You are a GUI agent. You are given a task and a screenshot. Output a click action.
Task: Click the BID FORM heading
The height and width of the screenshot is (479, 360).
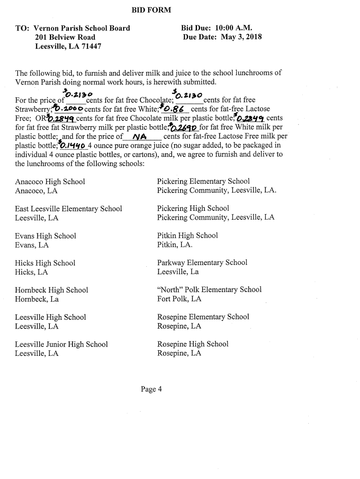coord(151,10)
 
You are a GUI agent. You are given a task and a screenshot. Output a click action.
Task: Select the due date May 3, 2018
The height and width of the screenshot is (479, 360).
coord(241,37)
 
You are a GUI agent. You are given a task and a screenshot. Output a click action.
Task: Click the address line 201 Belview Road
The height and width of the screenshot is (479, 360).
coord(65,37)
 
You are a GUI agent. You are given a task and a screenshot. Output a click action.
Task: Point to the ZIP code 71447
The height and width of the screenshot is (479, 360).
coord(90,47)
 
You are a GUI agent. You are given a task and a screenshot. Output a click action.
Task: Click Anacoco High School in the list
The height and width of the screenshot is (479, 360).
coord(50,182)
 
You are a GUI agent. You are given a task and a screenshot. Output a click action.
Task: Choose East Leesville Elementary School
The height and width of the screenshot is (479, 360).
coord(68,209)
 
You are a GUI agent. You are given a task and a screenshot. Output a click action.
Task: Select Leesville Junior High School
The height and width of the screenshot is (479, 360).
coord(61,344)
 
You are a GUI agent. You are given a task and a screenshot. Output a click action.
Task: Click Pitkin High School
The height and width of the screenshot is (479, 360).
coord(187,235)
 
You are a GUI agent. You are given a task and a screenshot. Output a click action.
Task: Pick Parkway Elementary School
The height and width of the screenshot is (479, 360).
coord(202,263)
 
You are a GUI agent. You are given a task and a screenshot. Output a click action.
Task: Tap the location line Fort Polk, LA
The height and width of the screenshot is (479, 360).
coord(179,299)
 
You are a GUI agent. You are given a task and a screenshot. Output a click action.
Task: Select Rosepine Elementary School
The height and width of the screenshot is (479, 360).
coord(203,317)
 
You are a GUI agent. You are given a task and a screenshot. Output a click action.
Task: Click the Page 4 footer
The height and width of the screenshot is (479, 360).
coord(151,389)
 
